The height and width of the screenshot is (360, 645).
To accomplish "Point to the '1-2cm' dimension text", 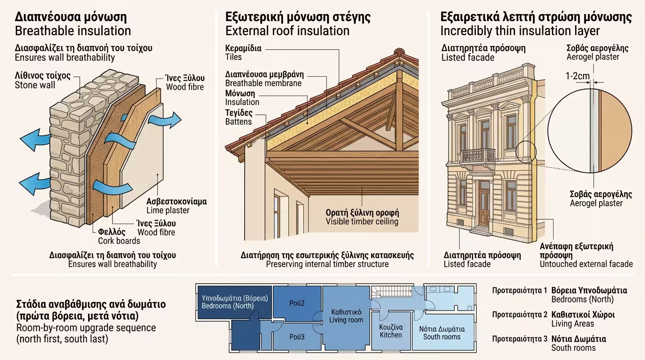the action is [577, 75].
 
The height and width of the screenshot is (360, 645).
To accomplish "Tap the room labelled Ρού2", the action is [297, 303].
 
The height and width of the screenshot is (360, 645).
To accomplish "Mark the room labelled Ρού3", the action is [297, 337].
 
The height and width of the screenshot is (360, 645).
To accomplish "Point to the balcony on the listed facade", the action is [478, 155].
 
